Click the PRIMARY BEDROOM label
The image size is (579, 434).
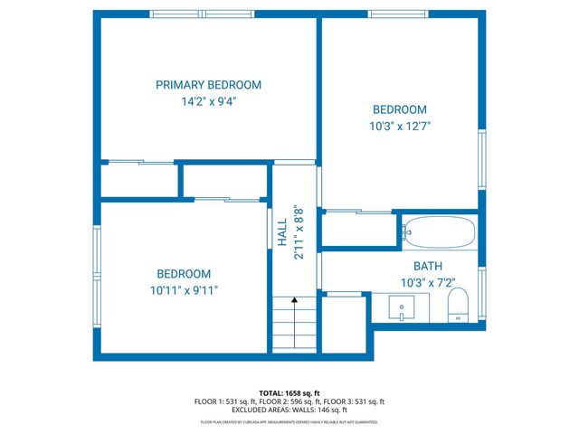click(x=208, y=85)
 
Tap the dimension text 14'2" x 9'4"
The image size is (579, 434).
click(x=208, y=102)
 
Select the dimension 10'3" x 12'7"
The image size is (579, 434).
click(x=399, y=127)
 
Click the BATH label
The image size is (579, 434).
click(x=427, y=266)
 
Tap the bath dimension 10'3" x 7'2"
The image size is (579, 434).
click(x=427, y=282)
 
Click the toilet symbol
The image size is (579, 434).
click(x=458, y=305)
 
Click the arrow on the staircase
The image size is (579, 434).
click(x=293, y=303)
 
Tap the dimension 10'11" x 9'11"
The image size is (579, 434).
click(x=184, y=290)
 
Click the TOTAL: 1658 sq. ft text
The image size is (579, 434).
click(x=289, y=393)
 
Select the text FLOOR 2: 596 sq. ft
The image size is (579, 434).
click(x=289, y=401)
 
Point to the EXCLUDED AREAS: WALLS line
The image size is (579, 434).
click(x=289, y=410)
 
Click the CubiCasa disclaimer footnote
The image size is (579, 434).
click(x=289, y=422)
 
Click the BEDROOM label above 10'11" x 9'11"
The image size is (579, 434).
click(x=184, y=274)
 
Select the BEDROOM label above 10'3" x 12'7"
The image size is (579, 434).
click(x=399, y=109)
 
